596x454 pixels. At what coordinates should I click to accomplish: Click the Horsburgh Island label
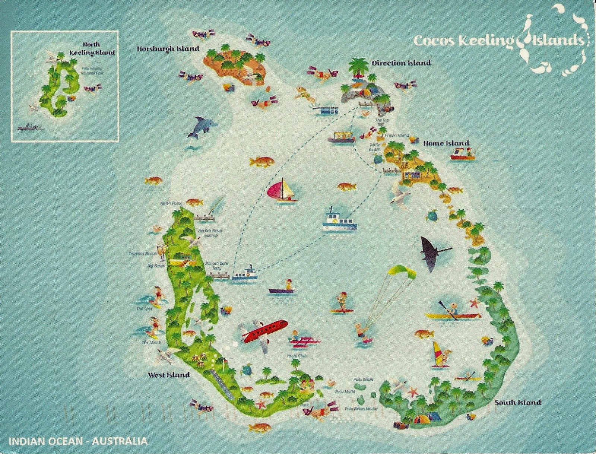[x=168, y=48]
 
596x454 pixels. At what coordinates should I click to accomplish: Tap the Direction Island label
[x=401, y=63]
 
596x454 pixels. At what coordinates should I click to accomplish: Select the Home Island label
[x=446, y=143]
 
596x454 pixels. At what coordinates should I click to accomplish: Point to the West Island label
[x=169, y=375]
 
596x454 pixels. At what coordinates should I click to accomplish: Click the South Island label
[x=517, y=402]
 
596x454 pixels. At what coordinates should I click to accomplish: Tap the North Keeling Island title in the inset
[x=92, y=49]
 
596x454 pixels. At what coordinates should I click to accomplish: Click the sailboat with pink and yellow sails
[x=283, y=191]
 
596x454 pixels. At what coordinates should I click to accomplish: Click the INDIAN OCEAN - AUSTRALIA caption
[x=77, y=442]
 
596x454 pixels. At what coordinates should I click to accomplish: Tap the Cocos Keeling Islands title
[x=499, y=40]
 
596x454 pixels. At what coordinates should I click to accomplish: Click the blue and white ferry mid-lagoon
[x=339, y=220]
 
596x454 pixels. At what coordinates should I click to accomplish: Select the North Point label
[x=170, y=203]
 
